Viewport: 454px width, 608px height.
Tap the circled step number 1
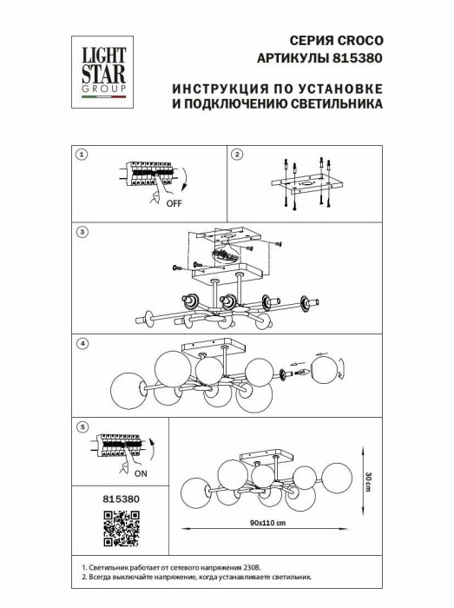coord(81,155)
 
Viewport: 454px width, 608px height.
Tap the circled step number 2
coord(237,155)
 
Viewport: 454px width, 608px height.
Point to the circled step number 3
coord(81,232)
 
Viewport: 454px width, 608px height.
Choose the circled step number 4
coord(81,343)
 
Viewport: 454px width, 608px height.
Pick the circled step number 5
coord(81,427)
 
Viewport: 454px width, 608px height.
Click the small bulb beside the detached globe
coord(304,371)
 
